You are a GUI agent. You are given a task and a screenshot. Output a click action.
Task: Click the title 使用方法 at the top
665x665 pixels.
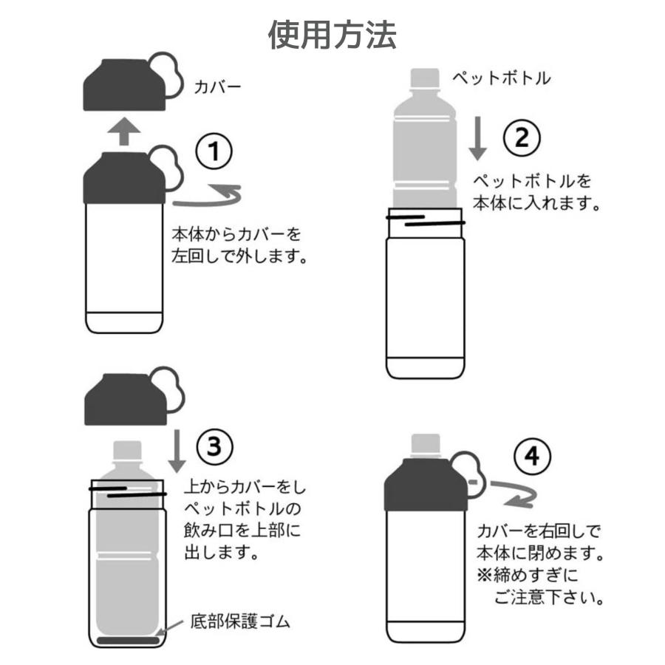[x=332, y=35]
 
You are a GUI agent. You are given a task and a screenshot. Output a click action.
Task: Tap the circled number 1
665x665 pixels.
[x=214, y=151]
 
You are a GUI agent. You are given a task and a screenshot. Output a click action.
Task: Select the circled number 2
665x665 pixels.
[x=522, y=138]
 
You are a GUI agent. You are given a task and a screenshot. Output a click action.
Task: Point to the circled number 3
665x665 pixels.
[x=214, y=446]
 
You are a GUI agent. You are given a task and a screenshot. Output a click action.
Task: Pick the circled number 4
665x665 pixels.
[x=532, y=457]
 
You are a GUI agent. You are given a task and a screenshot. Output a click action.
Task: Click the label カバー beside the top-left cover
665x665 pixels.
[x=217, y=87]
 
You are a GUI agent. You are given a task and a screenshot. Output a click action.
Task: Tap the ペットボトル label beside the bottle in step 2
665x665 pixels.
[x=501, y=78]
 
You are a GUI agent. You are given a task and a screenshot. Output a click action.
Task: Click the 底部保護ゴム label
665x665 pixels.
[x=240, y=621]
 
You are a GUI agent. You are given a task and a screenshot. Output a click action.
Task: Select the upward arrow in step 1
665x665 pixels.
[x=124, y=132]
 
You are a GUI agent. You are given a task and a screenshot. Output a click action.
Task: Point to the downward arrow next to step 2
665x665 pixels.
[x=477, y=138]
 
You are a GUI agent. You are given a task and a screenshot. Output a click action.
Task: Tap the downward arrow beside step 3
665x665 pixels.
[x=177, y=451]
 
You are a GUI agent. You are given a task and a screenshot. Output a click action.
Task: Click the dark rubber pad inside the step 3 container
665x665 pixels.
[x=128, y=640]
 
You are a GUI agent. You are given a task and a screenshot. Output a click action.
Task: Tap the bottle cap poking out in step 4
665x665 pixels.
[x=426, y=446]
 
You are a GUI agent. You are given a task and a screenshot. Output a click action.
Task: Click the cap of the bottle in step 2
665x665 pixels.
[x=425, y=78]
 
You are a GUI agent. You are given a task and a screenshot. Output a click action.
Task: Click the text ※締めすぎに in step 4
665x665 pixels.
[x=528, y=576]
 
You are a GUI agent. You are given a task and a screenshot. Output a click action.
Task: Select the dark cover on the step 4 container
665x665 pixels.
[x=426, y=484]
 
